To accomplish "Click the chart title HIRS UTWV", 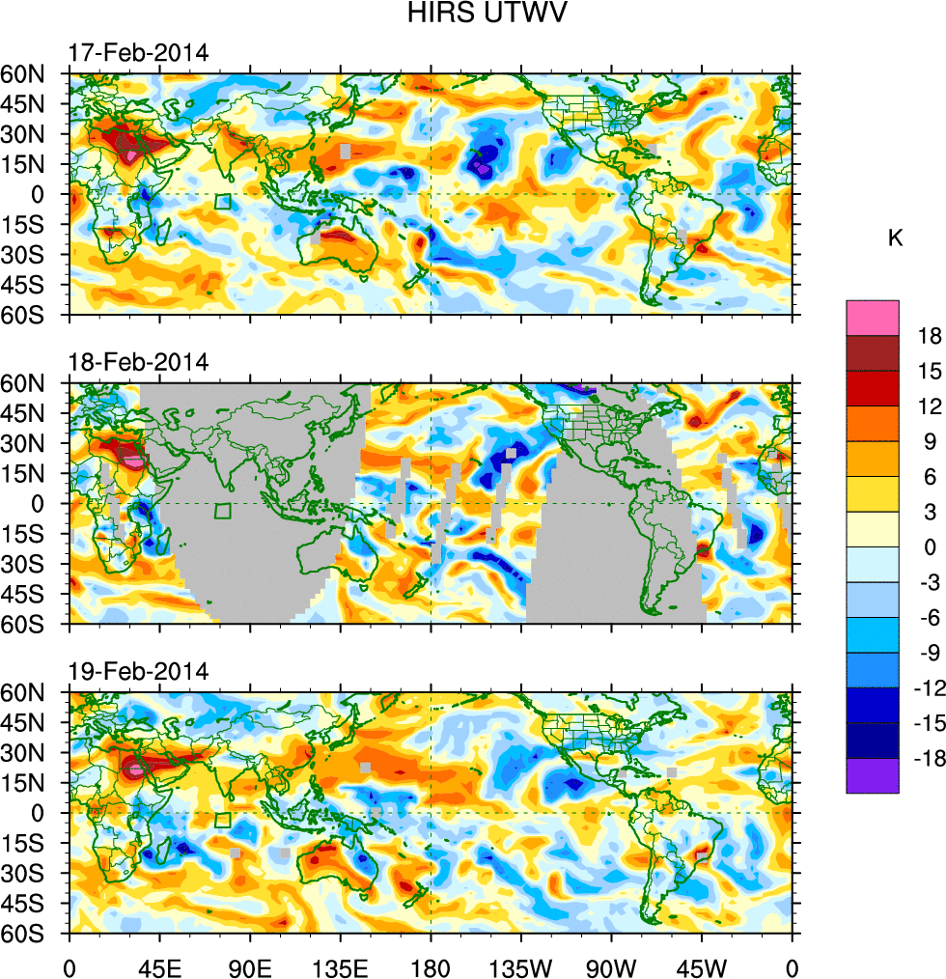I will tap(474, 14).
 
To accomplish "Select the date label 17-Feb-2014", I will tap(138, 53).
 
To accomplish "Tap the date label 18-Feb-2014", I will tap(138, 362).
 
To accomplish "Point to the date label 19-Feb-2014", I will tap(138, 671).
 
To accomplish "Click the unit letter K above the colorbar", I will tap(895, 238).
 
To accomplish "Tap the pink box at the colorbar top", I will tap(873, 318).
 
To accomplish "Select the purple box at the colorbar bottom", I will tap(873, 776).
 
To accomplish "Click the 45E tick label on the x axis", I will tap(159, 965).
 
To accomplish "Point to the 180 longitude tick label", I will tap(431, 965).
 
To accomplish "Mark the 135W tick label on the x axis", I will tap(520, 965).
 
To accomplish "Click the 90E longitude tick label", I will tap(250, 965).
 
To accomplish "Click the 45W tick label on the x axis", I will tap(701, 965).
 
